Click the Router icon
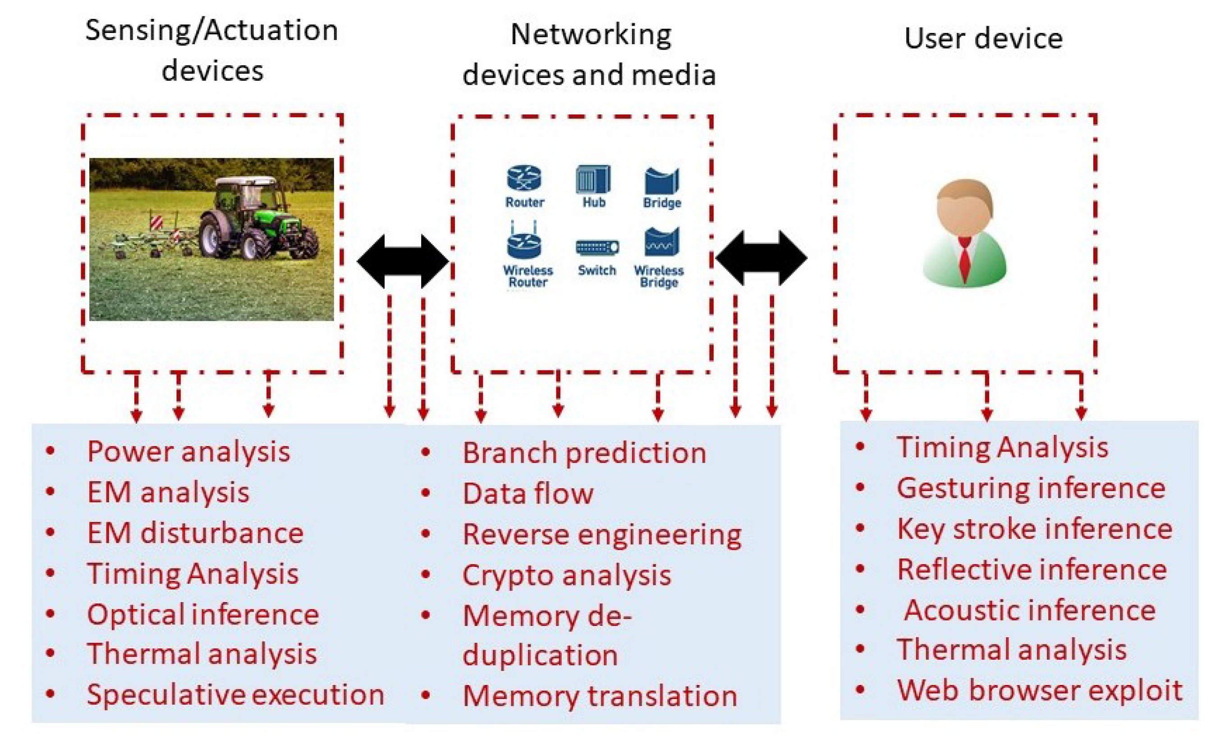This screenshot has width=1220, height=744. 524,178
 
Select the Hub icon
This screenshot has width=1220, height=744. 593,179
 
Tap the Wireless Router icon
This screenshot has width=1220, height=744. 524,242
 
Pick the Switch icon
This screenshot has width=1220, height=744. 597,246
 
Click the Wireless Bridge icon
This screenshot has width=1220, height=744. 661,242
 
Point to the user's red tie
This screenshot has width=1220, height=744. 964,260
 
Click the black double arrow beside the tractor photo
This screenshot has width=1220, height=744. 403,261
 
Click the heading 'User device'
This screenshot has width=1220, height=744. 983,38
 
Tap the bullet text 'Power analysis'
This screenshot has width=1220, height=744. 188,452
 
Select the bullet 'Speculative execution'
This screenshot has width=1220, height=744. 235,694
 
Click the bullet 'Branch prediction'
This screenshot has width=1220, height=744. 584,453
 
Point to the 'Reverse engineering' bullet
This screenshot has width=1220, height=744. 601,534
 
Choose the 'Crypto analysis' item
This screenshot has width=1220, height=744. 566,575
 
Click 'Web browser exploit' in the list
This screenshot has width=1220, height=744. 1040,690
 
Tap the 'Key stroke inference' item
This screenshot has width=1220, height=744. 1035,529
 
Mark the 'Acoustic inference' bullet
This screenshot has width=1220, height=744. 1030,610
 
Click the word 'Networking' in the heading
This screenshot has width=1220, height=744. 591,35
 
